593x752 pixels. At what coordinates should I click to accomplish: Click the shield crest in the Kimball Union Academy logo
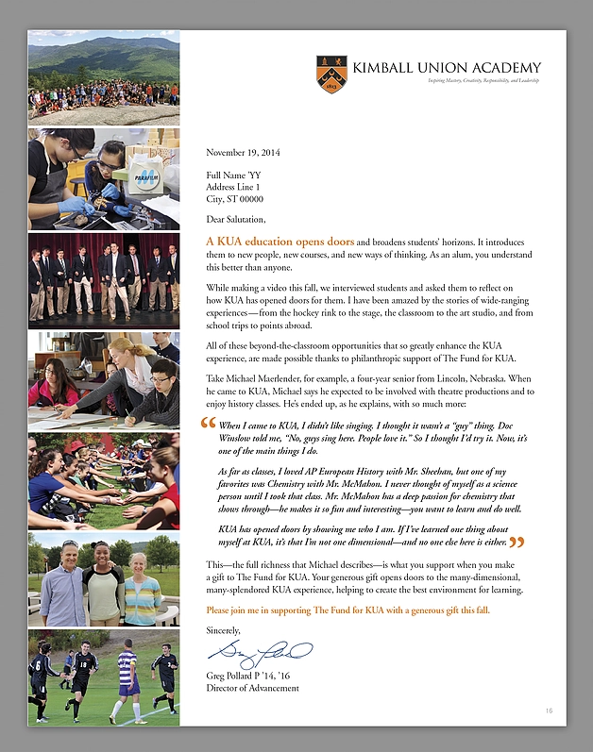tap(331, 75)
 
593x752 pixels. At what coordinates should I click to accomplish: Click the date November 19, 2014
tap(243, 152)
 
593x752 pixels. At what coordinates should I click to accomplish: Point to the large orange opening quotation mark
tap(210, 425)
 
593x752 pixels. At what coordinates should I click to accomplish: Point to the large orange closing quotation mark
tap(517, 543)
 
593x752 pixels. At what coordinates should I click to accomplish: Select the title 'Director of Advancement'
tap(252, 688)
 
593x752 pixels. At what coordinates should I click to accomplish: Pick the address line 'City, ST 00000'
tap(234, 199)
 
